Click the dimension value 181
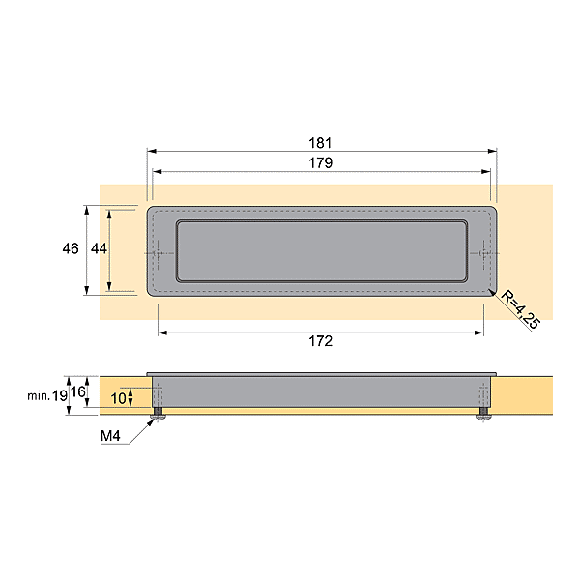coord(322,142)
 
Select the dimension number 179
coord(322,163)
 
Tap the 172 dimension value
coord(321,341)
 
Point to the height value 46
coord(70,248)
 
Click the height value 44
coord(98,248)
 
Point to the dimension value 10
coord(118,397)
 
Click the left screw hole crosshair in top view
coord(159,253)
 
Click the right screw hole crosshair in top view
coord(483,253)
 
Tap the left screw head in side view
coord(157,416)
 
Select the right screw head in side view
coord(482,416)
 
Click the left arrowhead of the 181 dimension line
coord(151,151)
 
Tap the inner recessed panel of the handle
coord(322,251)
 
